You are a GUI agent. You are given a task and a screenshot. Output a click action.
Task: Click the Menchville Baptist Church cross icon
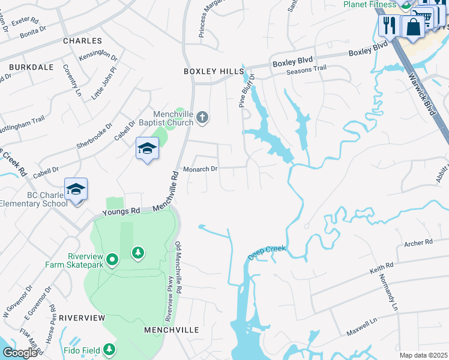tap(203, 116)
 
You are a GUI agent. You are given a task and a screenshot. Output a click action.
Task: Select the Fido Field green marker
tap(109, 349)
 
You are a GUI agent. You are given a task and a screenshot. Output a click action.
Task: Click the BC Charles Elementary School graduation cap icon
tap(76, 190)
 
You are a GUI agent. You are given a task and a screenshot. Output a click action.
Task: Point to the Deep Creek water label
tap(268, 252)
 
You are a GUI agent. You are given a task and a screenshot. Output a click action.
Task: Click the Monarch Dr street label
tap(200, 169)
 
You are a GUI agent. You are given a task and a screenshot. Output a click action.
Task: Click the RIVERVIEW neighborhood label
tap(82, 317)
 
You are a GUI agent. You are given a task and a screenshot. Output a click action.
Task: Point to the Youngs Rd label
tap(121, 211)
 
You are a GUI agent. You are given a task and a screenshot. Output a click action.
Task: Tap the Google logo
tap(19, 353)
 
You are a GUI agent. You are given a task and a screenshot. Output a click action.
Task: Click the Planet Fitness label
tap(370, 4)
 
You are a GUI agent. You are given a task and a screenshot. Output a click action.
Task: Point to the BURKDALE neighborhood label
tap(26, 67)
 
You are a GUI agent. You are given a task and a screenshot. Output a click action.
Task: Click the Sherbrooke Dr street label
tap(95, 137)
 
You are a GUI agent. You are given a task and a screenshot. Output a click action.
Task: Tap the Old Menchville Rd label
tap(179, 264)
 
